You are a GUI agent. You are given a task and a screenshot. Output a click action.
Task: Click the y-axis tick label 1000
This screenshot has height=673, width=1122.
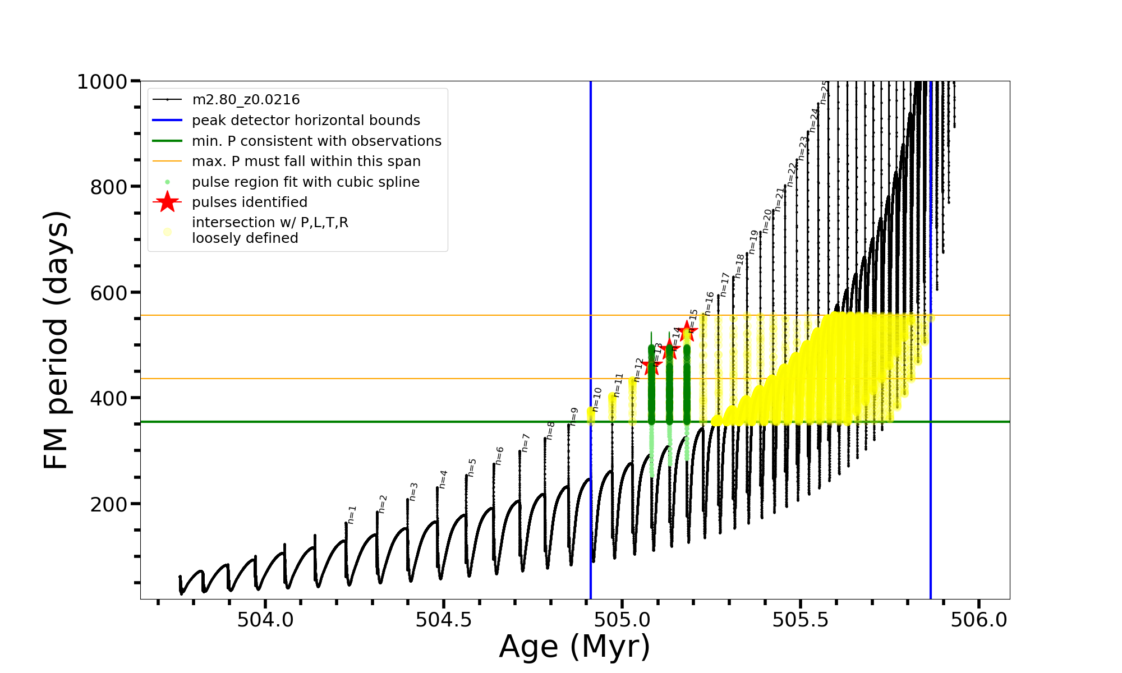(x=102, y=82)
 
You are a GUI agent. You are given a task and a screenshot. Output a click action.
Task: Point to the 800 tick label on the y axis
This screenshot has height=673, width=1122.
(x=109, y=187)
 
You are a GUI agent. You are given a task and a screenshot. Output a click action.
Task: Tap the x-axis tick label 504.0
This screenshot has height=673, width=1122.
(x=265, y=620)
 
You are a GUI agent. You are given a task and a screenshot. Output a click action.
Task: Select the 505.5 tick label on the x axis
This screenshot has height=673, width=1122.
(x=801, y=620)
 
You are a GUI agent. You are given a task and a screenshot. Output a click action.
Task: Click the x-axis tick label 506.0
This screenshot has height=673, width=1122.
(x=979, y=620)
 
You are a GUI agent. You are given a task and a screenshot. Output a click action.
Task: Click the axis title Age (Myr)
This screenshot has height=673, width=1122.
(x=574, y=647)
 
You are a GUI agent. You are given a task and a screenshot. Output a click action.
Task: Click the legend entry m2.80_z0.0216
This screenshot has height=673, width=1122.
(x=246, y=100)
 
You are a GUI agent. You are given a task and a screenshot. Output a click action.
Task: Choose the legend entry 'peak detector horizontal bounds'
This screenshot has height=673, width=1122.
(x=306, y=121)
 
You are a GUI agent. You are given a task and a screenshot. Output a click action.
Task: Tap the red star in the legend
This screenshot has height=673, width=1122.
(x=167, y=202)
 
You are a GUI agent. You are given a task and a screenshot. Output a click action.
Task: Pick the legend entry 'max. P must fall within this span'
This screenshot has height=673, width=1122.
(x=306, y=162)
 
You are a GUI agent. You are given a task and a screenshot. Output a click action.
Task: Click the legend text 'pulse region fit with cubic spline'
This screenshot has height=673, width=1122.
(x=305, y=182)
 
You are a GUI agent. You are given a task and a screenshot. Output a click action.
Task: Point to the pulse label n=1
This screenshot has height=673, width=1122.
(x=352, y=514)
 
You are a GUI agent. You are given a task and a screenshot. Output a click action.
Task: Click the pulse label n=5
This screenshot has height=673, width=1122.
(x=472, y=467)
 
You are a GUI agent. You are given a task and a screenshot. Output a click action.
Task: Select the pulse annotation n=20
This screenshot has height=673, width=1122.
(x=767, y=220)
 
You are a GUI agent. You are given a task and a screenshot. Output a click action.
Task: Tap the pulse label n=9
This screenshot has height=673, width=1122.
(x=574, y=417)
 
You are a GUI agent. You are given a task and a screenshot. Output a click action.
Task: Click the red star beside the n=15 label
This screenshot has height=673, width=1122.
(x=687, y=331)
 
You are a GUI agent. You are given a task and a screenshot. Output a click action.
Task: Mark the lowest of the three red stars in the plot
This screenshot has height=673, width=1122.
(x=651, y=366)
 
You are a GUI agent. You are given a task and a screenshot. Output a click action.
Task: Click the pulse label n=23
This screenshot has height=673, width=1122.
(x=803, y=148)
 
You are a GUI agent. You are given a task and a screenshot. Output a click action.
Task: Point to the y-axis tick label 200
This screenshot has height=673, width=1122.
(x=109, y=504)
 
